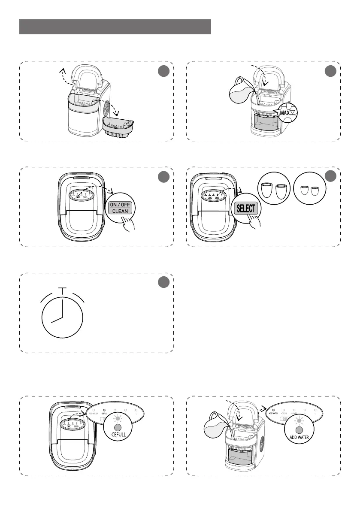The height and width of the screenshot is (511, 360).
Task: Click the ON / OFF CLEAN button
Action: coord(120,208)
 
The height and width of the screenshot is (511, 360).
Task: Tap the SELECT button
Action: coord(245,209)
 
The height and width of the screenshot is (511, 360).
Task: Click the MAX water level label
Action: coord(286,113)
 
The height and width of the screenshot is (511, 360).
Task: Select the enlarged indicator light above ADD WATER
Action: coord(299,430)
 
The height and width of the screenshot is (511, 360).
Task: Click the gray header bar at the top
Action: coord(115,27)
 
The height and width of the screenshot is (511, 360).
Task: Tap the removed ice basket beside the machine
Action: coord(118,124)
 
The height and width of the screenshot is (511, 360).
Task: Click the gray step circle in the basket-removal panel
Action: coord(163,72)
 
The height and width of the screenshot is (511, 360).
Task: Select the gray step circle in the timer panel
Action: coord(163,283)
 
